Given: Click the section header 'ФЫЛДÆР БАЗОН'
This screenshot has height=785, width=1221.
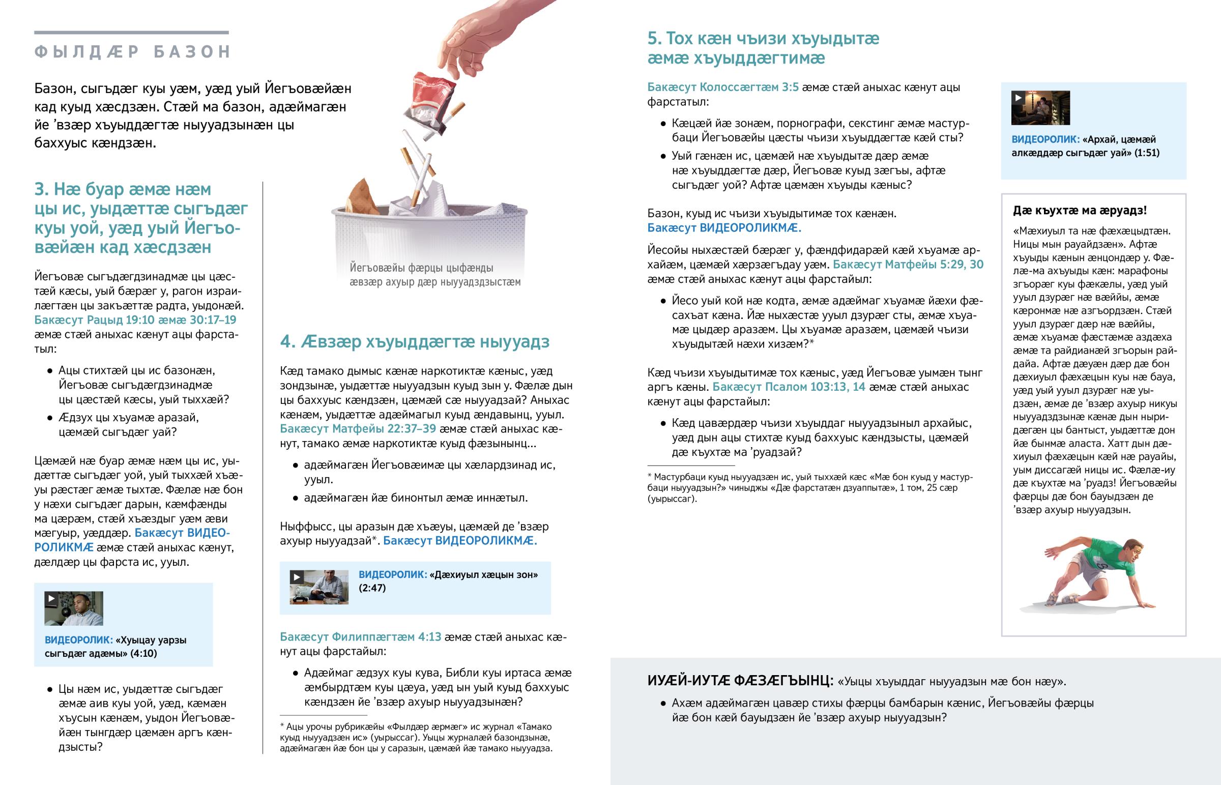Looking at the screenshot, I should [132, 51].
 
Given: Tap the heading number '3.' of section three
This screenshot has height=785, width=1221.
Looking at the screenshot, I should [41, 189].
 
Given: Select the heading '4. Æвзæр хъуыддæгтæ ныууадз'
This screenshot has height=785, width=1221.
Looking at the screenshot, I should [414, 341].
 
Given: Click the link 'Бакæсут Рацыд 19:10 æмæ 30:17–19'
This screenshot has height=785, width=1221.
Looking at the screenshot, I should [135, 320].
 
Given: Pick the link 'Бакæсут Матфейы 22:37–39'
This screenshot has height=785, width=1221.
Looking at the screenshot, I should [358, 429].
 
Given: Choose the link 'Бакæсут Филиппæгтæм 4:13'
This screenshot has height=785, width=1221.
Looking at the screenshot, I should [360, 636].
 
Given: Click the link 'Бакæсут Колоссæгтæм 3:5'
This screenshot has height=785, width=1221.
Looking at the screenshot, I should [722, 87].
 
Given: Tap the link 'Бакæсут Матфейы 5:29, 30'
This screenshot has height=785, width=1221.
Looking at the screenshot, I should [908, 264].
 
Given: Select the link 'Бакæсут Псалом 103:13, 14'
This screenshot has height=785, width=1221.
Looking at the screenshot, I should [789, 387].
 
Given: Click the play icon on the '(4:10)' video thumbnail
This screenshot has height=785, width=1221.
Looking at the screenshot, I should [51, 598].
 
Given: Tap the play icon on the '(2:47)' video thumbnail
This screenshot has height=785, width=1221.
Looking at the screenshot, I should [297, 577].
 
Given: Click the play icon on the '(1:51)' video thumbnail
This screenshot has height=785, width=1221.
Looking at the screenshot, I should [1018, 97].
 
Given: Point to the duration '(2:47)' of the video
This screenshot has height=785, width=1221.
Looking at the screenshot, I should [372, 588].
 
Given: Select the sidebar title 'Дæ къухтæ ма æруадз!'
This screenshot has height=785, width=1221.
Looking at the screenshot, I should [1080, 211].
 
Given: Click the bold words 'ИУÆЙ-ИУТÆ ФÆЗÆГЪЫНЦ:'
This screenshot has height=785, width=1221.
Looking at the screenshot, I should [740, 681].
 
